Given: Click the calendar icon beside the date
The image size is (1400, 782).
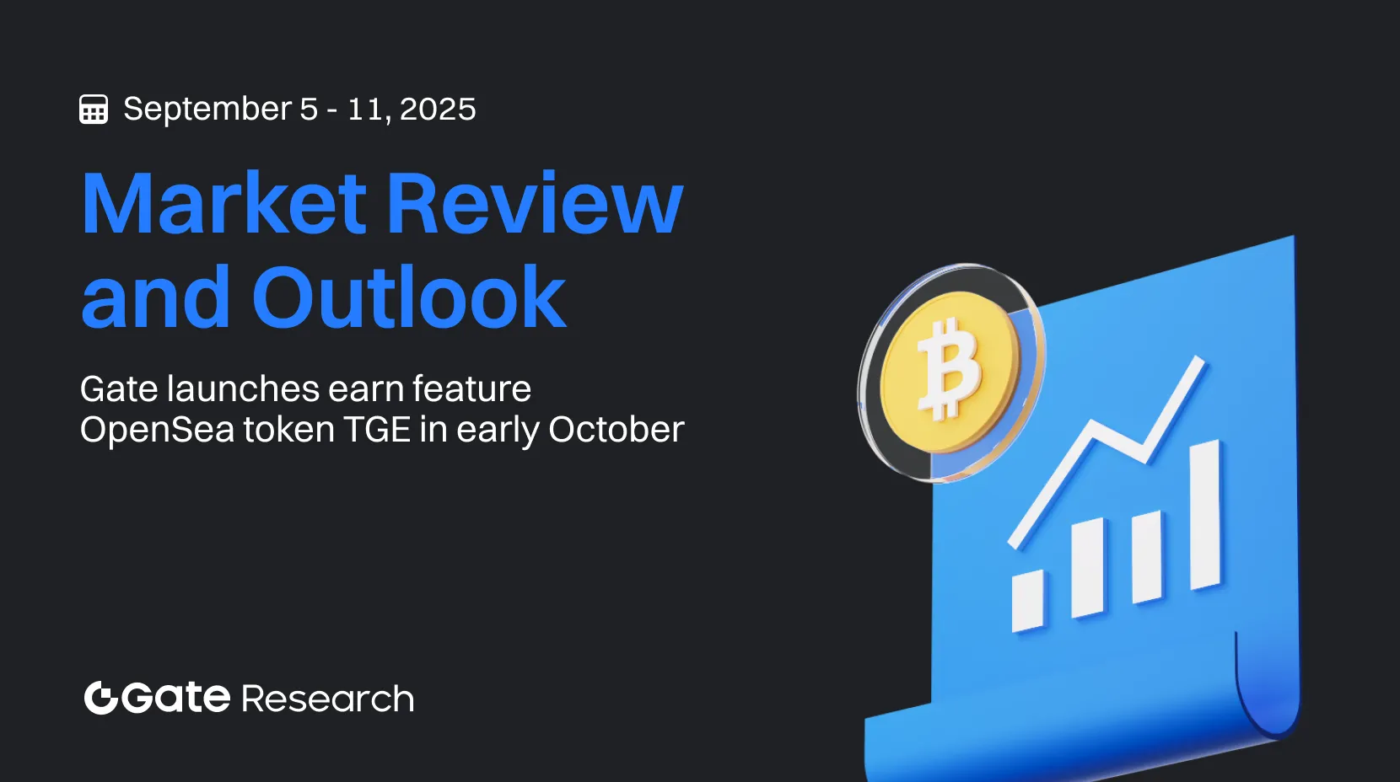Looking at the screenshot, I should click(94, 110).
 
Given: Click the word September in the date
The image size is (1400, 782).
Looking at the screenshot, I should click(207, 109).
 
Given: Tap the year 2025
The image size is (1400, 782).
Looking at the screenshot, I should click(438, 110).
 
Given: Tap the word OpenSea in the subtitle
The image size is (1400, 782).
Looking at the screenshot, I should click(157, 430).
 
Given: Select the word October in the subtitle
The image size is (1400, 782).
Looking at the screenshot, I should click(616, 430).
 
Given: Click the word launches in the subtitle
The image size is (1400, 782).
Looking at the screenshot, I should click(243, 389).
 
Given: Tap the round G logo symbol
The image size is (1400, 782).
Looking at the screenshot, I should click(100, 698).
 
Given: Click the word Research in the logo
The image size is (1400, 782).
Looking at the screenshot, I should click(327, 699).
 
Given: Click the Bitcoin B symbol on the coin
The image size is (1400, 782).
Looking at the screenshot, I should click(950, 368).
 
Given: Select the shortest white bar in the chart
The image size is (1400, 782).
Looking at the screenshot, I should click(1027, 601).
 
